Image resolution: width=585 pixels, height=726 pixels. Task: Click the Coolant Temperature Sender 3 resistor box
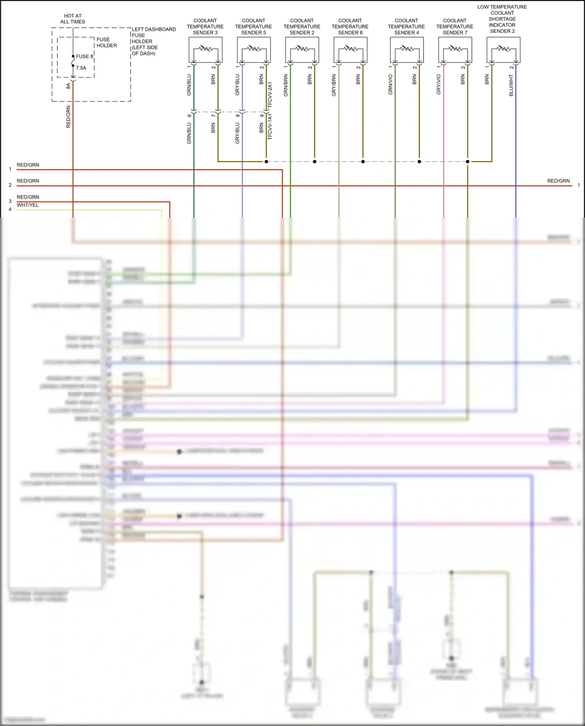tap(206, 50)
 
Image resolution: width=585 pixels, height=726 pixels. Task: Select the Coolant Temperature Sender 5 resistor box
tap(254, 50)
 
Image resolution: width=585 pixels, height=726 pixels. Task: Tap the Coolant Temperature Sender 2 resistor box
tap(302, 50)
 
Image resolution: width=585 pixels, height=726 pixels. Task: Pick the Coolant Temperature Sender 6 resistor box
tap(351, 50)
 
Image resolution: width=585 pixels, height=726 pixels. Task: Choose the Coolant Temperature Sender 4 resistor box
tap(407, 50)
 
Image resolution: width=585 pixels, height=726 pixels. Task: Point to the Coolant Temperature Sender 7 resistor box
tap(455, 50)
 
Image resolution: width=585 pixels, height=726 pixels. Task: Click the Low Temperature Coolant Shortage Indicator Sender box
tap(503, 50)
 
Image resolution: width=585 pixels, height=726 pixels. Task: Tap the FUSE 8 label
tap(84, 57)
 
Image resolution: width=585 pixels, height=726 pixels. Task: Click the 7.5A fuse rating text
tap(81, 68)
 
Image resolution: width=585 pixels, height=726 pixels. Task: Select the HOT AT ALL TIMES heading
tap(73, 19)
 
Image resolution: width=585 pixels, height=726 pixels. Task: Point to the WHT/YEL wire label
tap(28, 205)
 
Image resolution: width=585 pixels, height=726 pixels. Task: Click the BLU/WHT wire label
tap(511, 86)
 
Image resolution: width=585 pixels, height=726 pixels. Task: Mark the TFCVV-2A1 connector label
tap(270, 95)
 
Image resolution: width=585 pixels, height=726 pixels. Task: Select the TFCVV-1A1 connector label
tap(270, 127)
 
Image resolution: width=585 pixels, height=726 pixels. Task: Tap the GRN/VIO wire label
tap(390, 85)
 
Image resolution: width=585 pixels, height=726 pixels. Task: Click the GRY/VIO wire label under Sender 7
tap(439, 85)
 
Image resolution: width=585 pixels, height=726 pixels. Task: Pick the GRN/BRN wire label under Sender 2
tap(286, 86)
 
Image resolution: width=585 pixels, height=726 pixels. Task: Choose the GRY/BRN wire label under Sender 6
tap(334, 86)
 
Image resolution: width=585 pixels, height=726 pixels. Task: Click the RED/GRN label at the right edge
tap(558, 181)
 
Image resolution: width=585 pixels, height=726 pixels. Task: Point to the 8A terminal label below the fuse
tap(68, 86)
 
